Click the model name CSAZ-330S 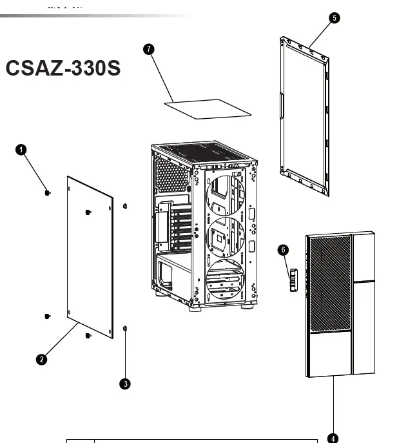[63, 68]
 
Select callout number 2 [42, 360]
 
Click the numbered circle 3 [125, 384]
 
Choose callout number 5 [334, 18]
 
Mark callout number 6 [283, 249]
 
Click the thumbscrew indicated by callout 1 [48, 192]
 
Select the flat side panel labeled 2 [90, 258]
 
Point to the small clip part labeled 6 [291, 280]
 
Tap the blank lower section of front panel [328, 355]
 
